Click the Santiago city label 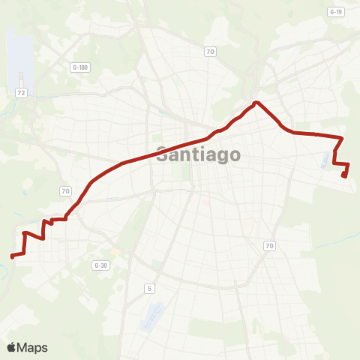(x=199, y=156)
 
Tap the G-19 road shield (x=335, y=12)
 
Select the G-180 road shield (x=80, y=67)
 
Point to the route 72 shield (x=21, y=91)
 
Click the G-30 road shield (x=100, y=265)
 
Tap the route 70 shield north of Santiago (x=210, y=52)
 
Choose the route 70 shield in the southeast (x=269, y=246)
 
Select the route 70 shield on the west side (x=66, y=191)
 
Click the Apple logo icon (x=12, y=347)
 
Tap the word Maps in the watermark (x=33, y=347)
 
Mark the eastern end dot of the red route (x=344, y=175)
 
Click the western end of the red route (x=12, y=256)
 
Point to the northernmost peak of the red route (x=256, y=103)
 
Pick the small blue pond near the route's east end (x=334, y=159)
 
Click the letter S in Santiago (x=162, y=156)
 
